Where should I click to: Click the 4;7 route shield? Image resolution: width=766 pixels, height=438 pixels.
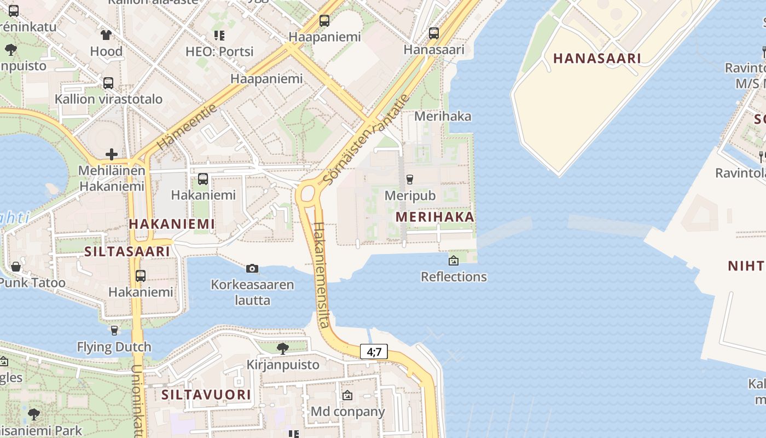point(374,352)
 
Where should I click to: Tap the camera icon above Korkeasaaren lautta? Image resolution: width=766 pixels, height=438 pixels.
point(252,268)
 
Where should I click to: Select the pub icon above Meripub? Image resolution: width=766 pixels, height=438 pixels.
point(409,179)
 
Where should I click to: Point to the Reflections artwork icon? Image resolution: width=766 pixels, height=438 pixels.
point(453,261)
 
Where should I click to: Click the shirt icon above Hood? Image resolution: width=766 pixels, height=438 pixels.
point(106,35)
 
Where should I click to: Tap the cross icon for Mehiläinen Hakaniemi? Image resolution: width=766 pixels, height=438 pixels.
point(112,154)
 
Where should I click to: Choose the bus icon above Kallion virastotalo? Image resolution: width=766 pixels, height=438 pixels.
point(108,83)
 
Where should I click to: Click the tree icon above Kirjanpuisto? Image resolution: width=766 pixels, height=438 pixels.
point(282,348)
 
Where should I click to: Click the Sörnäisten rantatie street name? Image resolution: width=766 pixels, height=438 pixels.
point(365,139)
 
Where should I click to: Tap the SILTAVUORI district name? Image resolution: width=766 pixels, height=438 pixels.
point(206,395)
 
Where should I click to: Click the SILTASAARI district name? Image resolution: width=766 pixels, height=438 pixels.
point(127,251)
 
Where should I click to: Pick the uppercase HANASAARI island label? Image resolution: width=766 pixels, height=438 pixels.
point(596,59)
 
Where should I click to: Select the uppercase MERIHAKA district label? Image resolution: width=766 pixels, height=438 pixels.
point(435,217)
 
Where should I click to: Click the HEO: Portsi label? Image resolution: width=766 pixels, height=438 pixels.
point(219,51)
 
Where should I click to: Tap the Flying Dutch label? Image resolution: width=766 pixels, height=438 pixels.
point(114,347)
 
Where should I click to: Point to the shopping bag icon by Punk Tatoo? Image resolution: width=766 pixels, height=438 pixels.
point(16,267)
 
